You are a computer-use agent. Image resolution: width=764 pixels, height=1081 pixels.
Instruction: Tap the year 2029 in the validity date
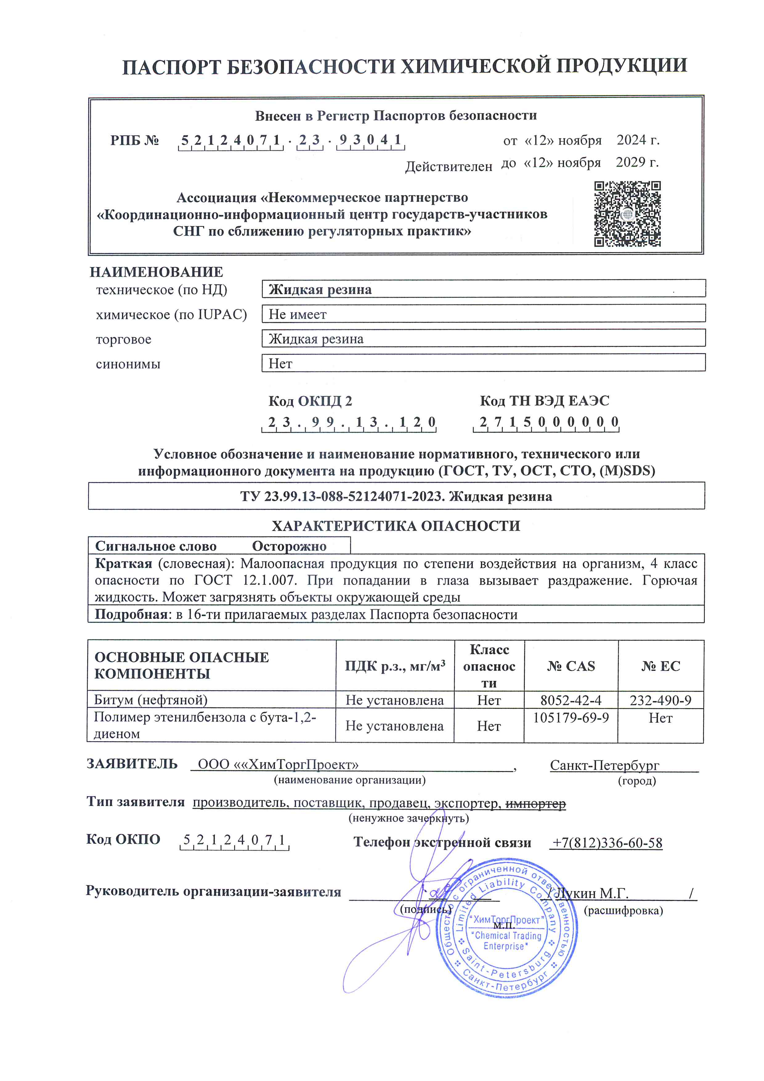pos(630,162)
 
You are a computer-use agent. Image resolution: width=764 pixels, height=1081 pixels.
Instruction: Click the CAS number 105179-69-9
pos(571,718)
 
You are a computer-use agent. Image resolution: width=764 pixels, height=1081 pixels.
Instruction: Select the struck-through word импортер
pos(535,804)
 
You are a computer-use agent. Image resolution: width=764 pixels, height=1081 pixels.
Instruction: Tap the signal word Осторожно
pos(289,546)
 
